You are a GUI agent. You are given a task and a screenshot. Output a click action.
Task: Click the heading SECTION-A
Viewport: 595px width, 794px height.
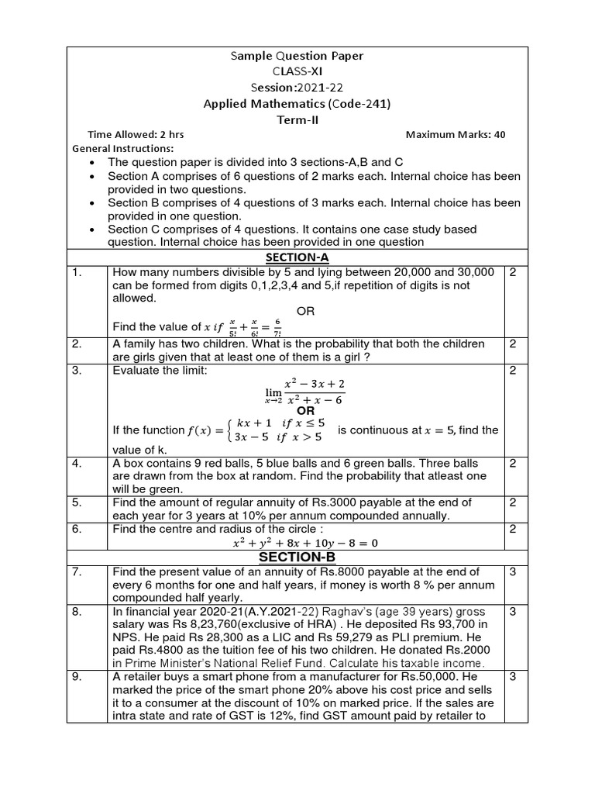(297, 257)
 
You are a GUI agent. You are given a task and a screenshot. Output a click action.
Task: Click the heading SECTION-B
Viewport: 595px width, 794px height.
(297, 558)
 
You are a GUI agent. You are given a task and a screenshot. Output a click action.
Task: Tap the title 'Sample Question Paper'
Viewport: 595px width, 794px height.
(297, 56)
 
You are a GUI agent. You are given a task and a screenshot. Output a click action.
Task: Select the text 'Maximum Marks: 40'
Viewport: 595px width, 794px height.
(456, 134)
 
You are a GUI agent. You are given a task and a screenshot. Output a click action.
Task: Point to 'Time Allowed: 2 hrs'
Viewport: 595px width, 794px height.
(136, 134)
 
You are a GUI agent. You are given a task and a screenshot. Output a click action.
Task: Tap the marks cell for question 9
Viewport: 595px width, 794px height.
(513, 676)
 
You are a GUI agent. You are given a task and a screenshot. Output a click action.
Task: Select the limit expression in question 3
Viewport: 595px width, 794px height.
(305, 390)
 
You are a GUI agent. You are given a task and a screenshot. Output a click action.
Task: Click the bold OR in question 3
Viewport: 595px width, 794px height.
(306, 409)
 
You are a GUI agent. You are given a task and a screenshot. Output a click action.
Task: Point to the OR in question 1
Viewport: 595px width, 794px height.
(306, 311)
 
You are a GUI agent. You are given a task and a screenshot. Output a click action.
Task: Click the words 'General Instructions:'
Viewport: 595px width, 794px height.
(123, 148)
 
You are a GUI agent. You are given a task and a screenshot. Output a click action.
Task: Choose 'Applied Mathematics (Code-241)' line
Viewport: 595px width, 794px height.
(297, 104)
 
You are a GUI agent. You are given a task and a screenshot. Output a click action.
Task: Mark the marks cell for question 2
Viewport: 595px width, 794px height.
(513, 343)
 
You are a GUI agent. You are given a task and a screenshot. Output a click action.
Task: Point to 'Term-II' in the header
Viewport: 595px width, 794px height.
(297, 119)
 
